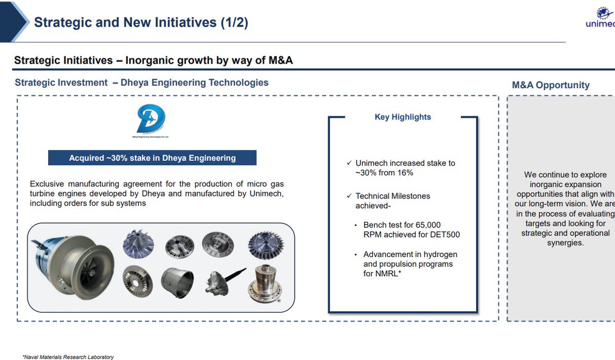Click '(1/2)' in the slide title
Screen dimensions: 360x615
(234, 23)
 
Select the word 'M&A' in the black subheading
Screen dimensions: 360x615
(280, 61)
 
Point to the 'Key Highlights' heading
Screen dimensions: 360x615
(403, 117)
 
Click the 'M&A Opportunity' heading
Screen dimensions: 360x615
(550, 85)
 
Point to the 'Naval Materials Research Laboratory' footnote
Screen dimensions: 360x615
(68, 357)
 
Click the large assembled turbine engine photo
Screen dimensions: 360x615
(72, 266)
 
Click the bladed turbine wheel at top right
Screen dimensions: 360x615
(265, 246)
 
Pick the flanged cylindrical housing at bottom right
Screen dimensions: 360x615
(265, 284)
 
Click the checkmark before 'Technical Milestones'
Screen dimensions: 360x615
(350, 196)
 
